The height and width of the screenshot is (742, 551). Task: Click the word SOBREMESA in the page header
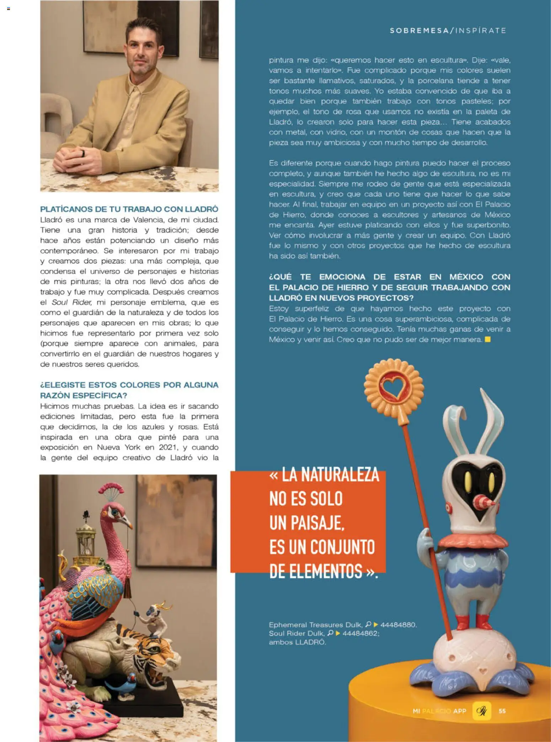click(419, 31)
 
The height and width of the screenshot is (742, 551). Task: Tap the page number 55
click(502, 711)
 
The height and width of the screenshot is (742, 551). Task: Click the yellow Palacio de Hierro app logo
click(482, 711)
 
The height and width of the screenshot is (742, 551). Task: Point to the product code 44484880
click(398, 625)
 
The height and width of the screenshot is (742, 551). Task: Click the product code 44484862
click(360, 633)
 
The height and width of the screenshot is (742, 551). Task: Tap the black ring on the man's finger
click(83, 153)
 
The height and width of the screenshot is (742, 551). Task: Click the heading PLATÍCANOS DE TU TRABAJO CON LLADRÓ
click(129, 209)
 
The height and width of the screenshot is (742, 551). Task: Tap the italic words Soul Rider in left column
click(72, 303)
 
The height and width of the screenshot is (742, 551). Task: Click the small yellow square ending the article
click(488, 339)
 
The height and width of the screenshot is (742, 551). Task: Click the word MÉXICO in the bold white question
click(466, 277)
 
